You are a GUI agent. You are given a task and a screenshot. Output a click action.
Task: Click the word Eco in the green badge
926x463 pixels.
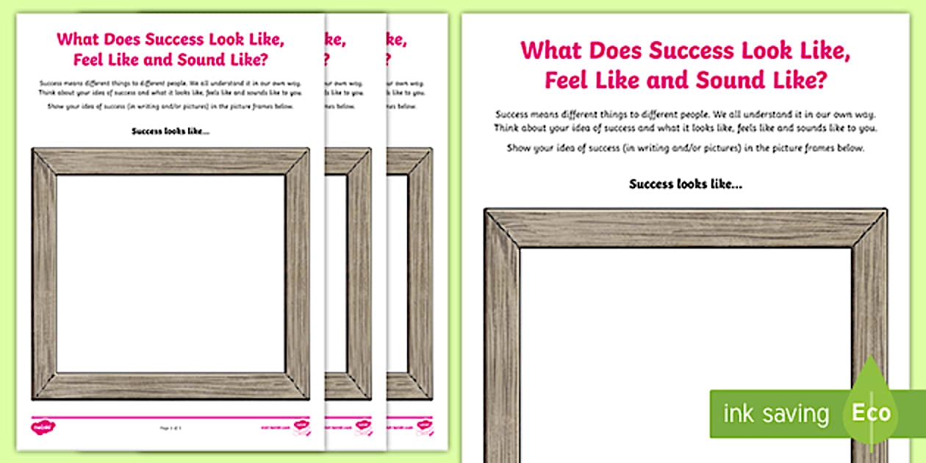tap(871, 412)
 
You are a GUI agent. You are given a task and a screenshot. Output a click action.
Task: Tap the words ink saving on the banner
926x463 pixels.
tap(775, 414)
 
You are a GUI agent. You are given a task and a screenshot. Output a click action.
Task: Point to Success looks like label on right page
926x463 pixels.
tap(685, 184)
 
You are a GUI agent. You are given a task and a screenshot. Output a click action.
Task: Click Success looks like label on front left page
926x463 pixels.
tap(170, 132)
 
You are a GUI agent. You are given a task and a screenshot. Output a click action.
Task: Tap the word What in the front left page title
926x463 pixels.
tap(81, 39)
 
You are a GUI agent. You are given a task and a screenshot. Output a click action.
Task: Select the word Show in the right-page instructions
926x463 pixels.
tap(518, 148)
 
